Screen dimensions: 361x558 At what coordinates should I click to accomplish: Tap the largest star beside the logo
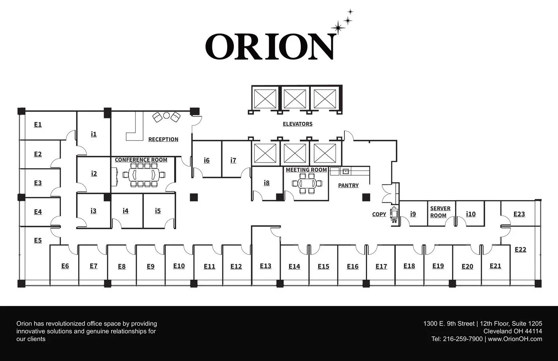click(338, 27)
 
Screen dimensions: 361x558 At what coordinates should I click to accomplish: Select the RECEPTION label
click(163, 139)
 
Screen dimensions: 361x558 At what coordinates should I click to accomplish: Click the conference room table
click(144, 174)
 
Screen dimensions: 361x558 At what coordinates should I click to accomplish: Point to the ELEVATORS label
click(297, 124)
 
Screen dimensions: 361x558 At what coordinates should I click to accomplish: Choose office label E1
click(37, 125)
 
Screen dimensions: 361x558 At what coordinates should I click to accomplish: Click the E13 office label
click(265, 266)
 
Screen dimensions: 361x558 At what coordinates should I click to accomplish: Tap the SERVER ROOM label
click(440, 212)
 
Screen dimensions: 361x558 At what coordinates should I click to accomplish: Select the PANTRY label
click(348, 185)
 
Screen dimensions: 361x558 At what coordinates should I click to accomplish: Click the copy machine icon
click(395, 214)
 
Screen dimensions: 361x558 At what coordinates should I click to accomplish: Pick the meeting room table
click(307, 184)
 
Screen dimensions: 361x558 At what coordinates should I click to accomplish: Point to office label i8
click(266, 183)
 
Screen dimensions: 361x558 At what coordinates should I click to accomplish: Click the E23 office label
click(519, 214)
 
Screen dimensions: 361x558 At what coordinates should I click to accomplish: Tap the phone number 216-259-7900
click(462, 339)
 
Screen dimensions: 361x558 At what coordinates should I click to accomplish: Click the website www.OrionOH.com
click(515, 339)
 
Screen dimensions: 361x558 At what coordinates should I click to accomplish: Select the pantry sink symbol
click(346, 171)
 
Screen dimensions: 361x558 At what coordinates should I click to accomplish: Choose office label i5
click(158, 211)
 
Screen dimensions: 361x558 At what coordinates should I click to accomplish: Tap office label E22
click(520, 250)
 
